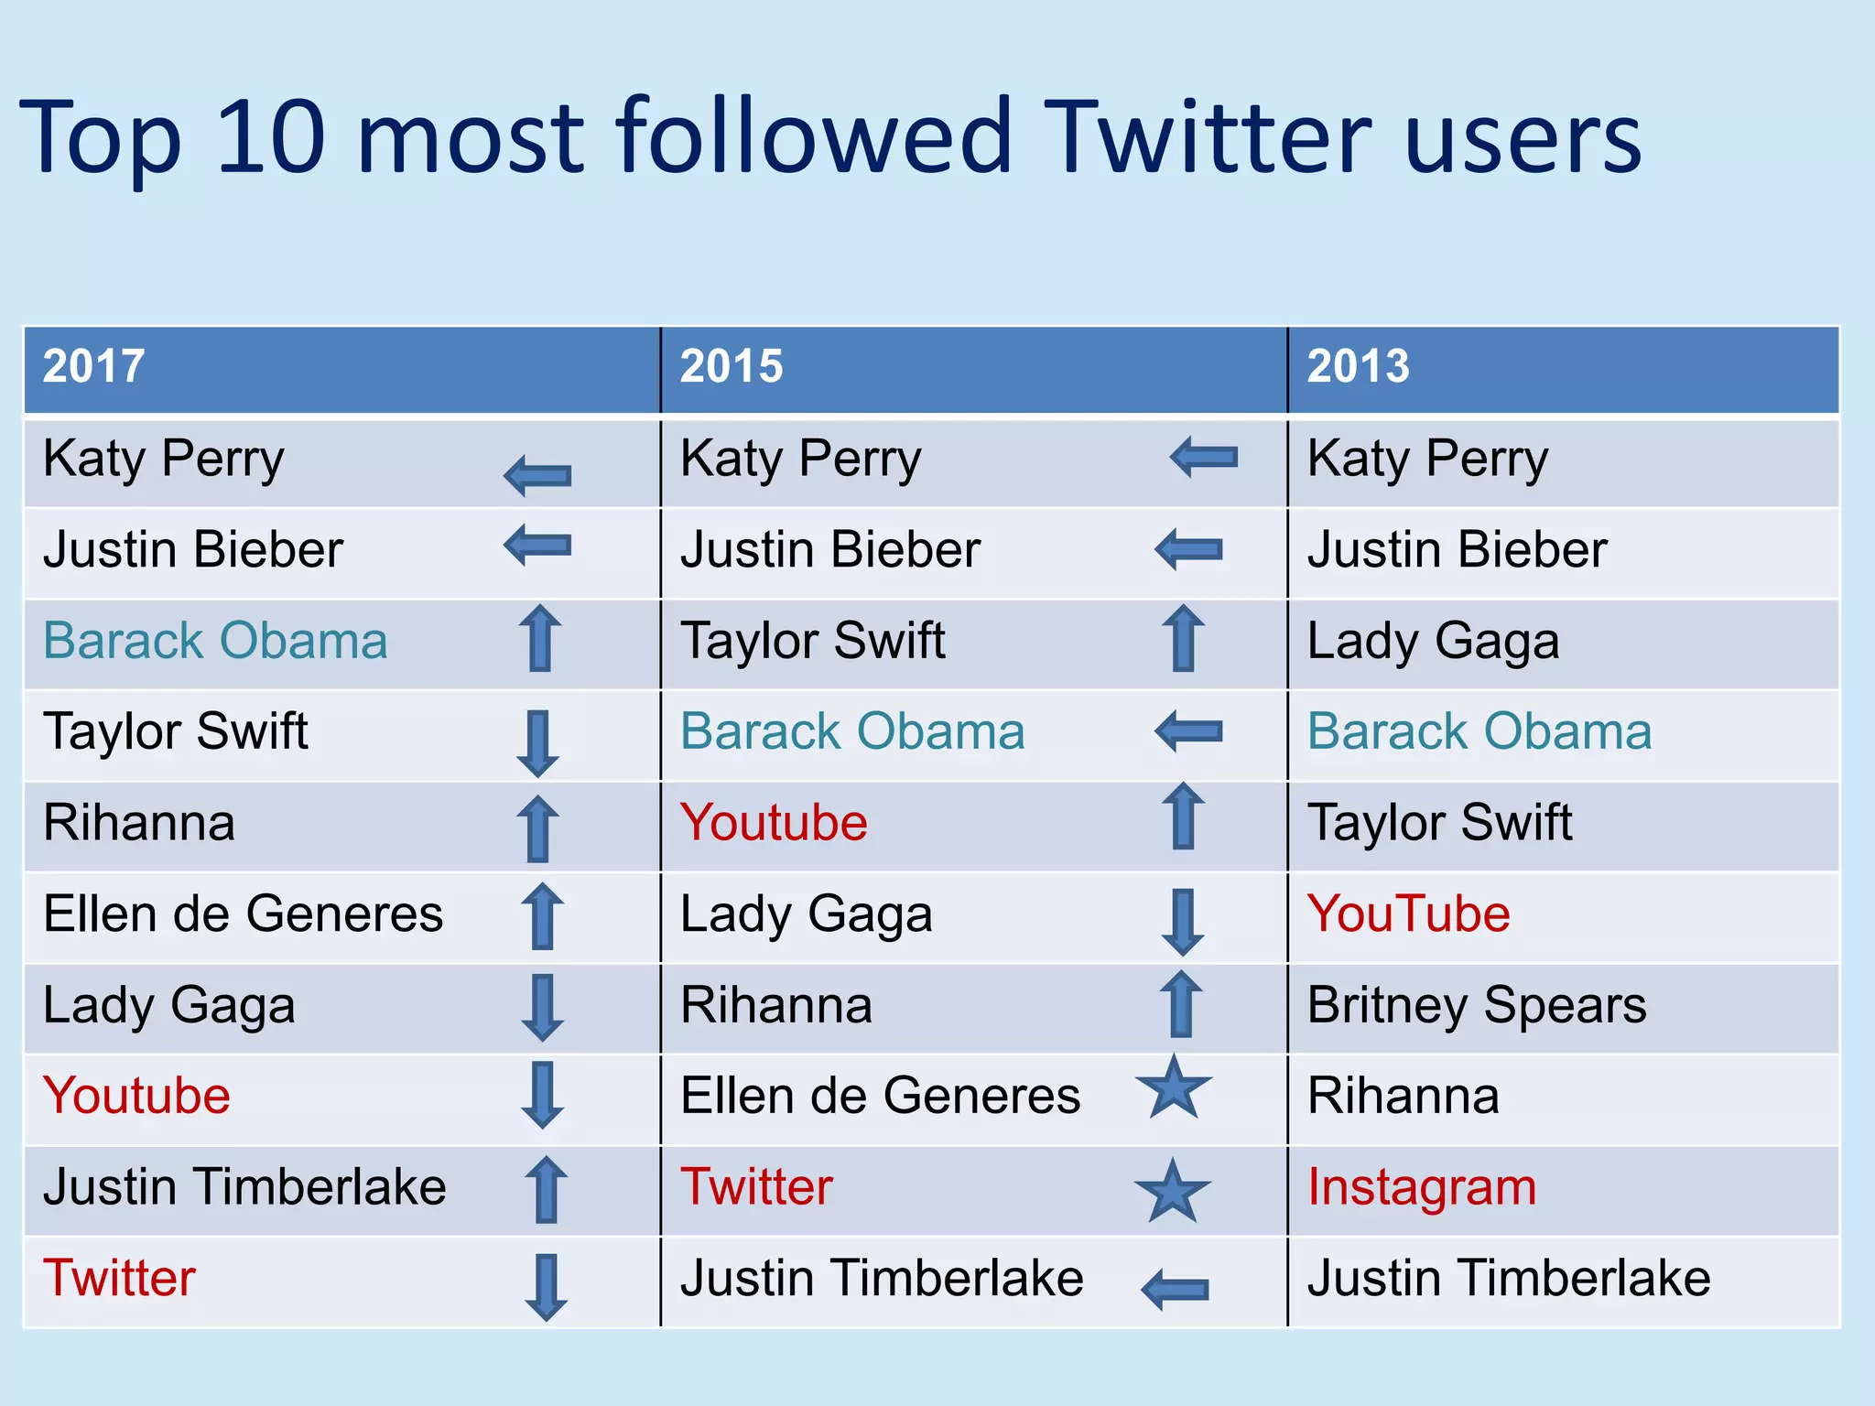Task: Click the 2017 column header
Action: click(93, 366)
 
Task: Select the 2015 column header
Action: click(731, 366)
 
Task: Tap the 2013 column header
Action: click(1358, 366)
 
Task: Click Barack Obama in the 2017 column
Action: click(215, 641)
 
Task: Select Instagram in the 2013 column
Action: click(1422, 1187)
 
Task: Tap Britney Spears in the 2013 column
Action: click(1477, 1005)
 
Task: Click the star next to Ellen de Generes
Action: click(1173, 1087)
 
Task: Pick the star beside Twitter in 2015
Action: click(1172, 1191)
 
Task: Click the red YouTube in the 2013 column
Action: click(1408, 914)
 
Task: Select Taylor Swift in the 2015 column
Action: click(812, 641)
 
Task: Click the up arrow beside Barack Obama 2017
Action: click(539, 638)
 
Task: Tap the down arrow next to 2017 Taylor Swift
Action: click(537, 743)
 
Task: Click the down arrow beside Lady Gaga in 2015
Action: click(1182, 922)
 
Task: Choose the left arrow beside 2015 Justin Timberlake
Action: click(1175, 1289)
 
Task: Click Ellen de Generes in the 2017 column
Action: click(243, 914)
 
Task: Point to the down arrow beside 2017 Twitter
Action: click(546, 1286)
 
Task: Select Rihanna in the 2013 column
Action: click(1403, 1096)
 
